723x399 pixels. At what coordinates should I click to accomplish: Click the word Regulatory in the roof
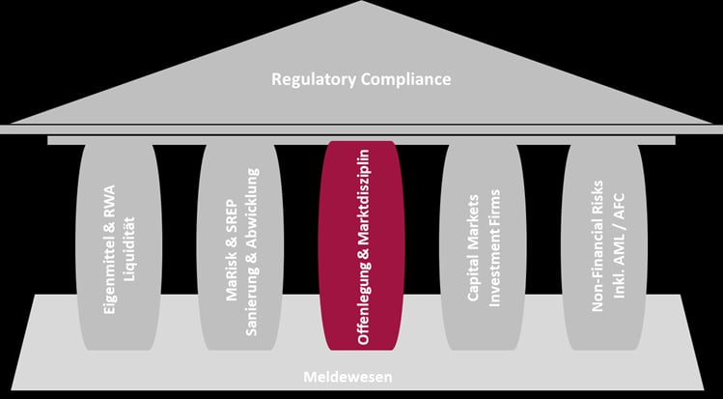click(x=314, y=79)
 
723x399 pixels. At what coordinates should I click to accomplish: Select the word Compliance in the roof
click(x=405, y=79)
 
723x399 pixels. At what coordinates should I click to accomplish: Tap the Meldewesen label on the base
click(x=348, y=377)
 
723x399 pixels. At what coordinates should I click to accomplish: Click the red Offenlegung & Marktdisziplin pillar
click(x=361, y=245)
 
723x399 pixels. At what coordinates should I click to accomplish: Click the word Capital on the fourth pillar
click(x=474, y=277)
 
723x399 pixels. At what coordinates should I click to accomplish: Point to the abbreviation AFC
click(x=619, y=207)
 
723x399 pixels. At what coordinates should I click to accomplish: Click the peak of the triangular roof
click(x=362, y=1)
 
